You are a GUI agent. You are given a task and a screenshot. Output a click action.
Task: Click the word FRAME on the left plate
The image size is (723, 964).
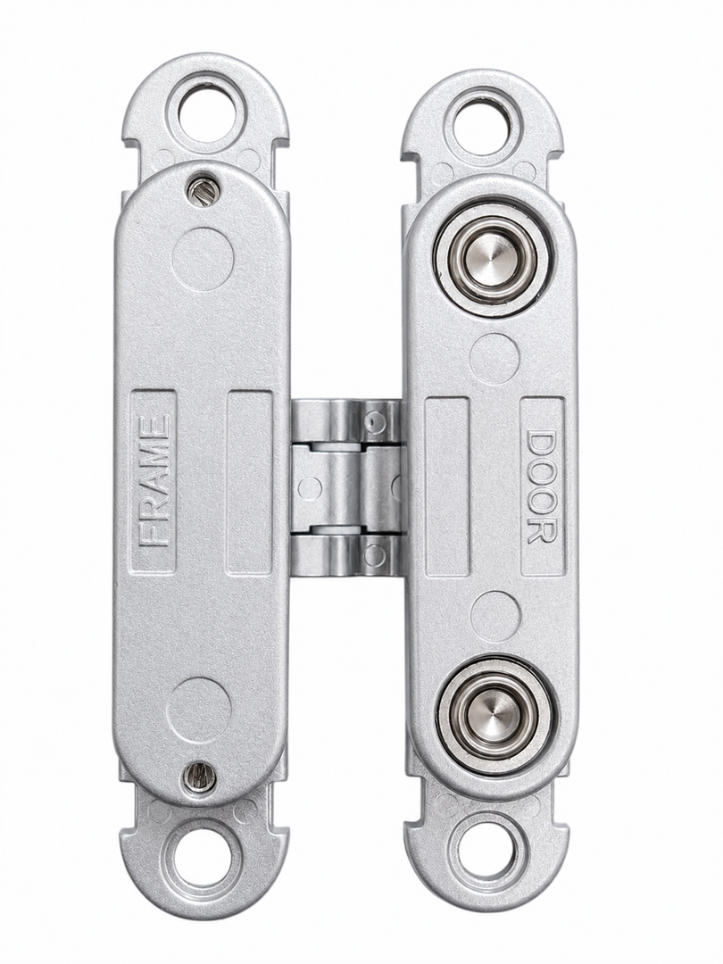click(x=154, y=481)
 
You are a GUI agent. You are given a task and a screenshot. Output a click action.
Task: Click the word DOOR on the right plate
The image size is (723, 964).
click(x=542, y=486)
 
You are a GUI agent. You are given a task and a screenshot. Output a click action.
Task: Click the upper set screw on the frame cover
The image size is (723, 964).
click(x=201, y=191)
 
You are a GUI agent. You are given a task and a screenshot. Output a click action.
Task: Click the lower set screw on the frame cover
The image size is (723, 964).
click(x=199, y=776)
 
